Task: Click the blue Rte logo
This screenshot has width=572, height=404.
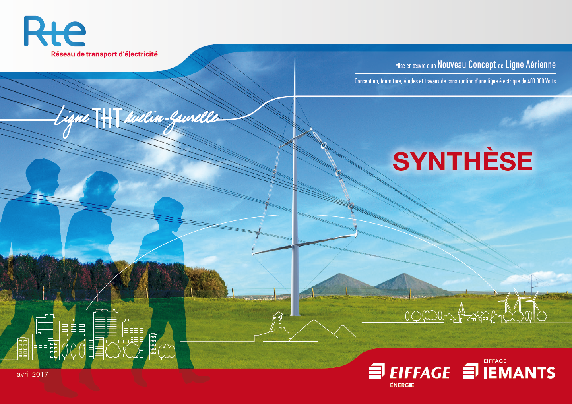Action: point(55,31)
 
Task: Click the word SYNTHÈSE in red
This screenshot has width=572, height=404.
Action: point(463,161)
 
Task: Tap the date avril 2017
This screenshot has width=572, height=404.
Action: point(33,374)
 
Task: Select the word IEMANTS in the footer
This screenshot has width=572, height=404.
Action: point(519,373)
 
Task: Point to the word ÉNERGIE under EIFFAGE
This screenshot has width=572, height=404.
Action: point(402,385)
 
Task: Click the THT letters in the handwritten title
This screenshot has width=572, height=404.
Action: point(107,118)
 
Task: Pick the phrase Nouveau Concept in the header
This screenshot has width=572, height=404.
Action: point(467,65)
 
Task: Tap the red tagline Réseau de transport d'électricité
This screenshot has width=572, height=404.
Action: point(105,54)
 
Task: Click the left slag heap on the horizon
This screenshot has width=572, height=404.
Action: point(339,283)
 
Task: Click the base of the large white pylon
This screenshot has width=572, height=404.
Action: point(295,313)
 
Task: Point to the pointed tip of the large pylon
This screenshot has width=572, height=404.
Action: point(295,58)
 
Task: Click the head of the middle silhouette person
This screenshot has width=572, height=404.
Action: point(100,187)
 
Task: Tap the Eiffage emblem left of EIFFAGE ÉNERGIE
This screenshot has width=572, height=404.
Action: point(377,371)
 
